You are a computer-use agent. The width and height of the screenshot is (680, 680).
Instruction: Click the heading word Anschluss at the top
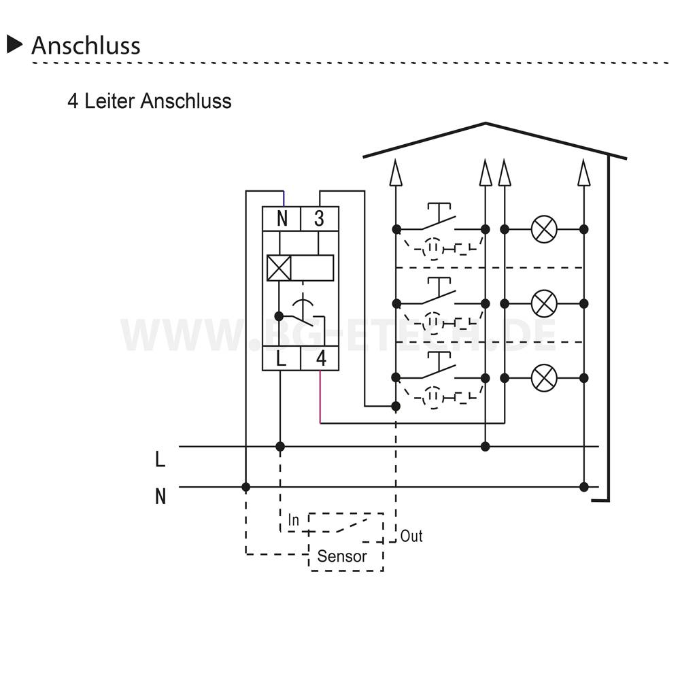pyautogui.click(x=86, y=46)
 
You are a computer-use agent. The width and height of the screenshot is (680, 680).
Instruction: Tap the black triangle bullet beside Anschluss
pyautogui.click(x=14, y=45)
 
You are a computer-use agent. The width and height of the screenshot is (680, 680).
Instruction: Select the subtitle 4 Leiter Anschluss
pyautogui.click(x=150, y=101)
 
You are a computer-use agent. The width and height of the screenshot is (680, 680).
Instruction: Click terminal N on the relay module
pyautogui.click(x=282, y=218)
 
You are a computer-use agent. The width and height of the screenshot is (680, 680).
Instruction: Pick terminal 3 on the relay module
pyautogui.click(x=319, y=218)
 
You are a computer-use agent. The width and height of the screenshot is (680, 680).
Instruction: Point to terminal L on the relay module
pyautogui.click(x=281, y=358)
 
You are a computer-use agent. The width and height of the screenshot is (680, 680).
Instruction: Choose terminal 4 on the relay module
pyautogui.click(x=321, y=358)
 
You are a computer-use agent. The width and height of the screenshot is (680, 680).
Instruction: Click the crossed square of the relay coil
pyautogui.click(x=278, y=268)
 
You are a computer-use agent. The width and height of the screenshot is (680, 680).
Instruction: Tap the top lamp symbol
pyautogui.click(x=544, y=229)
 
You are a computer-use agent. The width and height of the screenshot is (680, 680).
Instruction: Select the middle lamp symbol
pyautogui.click(x=544, y=303)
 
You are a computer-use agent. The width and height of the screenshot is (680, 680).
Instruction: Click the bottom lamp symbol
pyautogui.click(x=544, y=378)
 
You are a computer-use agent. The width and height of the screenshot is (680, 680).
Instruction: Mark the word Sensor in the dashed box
pyautogui.click(x=342, y=556)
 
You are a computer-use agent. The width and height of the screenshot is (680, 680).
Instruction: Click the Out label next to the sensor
pyautogui.click(x=411, y=536)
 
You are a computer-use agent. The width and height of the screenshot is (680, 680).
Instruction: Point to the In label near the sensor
pyautogui.click(x=294, y=520)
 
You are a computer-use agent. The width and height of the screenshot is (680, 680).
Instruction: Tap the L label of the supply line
pyautogui.click(x=160, y=459)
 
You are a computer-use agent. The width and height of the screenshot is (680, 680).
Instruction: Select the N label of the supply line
pyautogui.click(x=160, y=496)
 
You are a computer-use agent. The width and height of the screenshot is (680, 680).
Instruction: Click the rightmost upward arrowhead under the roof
pyautogui.click(x=584, y=173)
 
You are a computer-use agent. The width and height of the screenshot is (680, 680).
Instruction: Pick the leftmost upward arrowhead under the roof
pyautogui.click(x=396, y=173)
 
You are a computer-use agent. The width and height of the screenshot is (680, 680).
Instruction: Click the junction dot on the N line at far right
pyautogui.click(x=584, y=487)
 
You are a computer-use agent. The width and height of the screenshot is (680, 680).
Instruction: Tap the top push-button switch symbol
pyautogui.click(x=439, y=217)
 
